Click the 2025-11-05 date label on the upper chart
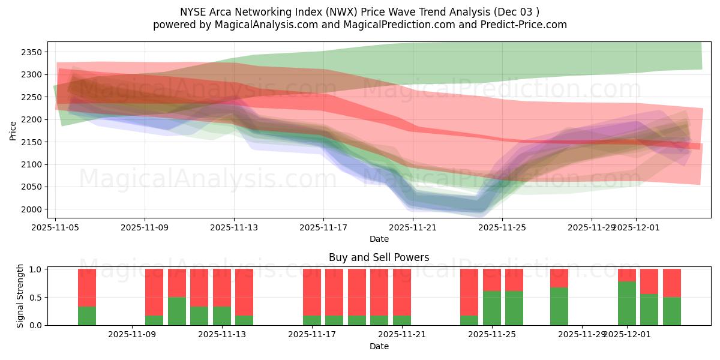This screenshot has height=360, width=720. coord(56,227)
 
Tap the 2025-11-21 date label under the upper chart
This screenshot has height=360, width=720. coord(413,227)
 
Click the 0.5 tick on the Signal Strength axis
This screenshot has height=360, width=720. coord(36,298)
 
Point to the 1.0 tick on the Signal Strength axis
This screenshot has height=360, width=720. coord(36,269)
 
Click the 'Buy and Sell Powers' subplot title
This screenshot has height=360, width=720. coord(379,257)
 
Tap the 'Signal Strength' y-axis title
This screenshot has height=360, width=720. coord(20,296)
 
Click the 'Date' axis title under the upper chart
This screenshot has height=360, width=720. coord(379,239)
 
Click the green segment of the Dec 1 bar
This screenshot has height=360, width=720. coord(627,303)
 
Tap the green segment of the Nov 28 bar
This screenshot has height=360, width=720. coord(559,306)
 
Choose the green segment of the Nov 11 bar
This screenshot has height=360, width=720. coord(199,316)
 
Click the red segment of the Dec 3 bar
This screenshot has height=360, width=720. coord(672,283)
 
